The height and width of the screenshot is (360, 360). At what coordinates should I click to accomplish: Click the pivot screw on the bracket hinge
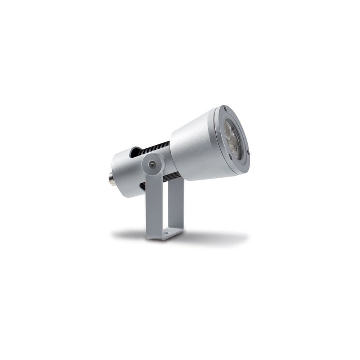[153, 164]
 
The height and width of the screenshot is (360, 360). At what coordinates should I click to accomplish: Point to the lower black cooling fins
[172, 177]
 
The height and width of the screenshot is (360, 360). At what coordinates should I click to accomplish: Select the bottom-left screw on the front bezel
[230, 156]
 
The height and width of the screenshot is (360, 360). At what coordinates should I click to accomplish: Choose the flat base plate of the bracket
[166, 234]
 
